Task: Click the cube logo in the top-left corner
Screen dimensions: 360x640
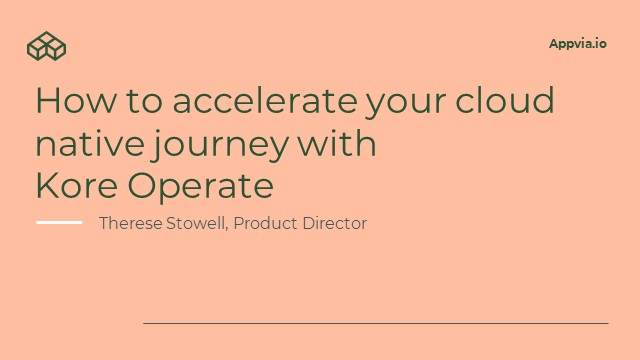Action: coord(46,45)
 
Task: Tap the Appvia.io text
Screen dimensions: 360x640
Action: coord(577,44)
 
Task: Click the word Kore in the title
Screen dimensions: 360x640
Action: coord(75,186)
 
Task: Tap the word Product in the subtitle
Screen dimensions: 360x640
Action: coord(266,223)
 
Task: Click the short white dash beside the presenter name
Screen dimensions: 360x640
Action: coord(59,222)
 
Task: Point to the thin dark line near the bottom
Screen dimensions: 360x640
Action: coord(375,323)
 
